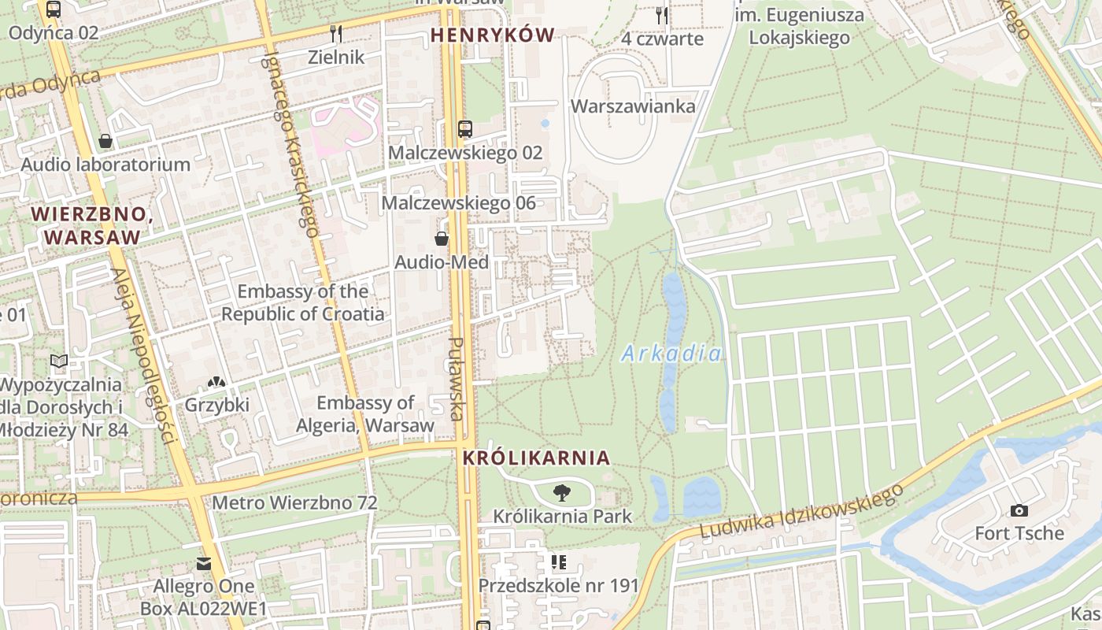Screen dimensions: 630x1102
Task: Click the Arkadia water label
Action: point(671,354)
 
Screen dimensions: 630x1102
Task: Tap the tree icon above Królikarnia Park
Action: point(562,494)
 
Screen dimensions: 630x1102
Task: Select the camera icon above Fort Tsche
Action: point(1019,510)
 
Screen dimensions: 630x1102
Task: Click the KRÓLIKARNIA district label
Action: point(536,458)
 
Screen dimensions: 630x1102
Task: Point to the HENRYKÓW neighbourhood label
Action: point(493,35)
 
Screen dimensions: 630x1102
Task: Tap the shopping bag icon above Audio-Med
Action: point(442,239)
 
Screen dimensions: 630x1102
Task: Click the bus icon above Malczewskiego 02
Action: point(465,129)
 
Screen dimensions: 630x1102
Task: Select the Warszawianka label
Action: point(633,106)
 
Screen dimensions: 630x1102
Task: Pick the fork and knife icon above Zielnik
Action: point(336,33)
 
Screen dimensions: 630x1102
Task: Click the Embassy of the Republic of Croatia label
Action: point(303,302)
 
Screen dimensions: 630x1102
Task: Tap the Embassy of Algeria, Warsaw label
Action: point(365,414)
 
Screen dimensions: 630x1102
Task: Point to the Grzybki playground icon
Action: point(216,382)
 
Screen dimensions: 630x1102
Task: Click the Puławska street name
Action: point(456,378)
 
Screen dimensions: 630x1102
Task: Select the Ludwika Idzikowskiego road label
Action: point(801,513)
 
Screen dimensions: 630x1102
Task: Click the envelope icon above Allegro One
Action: point(204,564)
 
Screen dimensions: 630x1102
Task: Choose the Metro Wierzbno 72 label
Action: point(294,502)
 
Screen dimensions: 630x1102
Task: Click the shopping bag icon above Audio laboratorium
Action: point(105,141)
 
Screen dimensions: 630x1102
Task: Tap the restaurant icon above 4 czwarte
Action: point(661,15)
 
